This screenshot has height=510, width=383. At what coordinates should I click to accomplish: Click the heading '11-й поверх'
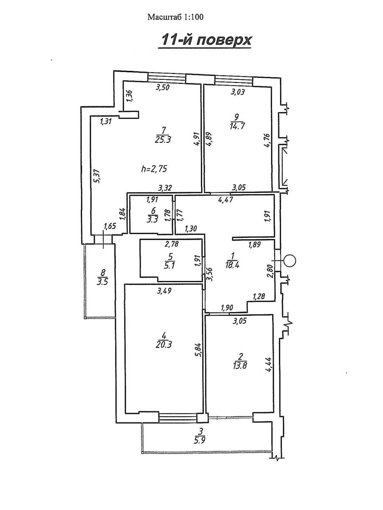(206, 40)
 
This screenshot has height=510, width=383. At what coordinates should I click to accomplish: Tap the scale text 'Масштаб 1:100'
(175, 17)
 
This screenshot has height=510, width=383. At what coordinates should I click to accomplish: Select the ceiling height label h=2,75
(154, 169)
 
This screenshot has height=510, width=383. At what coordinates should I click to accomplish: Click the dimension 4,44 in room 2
(268, 364)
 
